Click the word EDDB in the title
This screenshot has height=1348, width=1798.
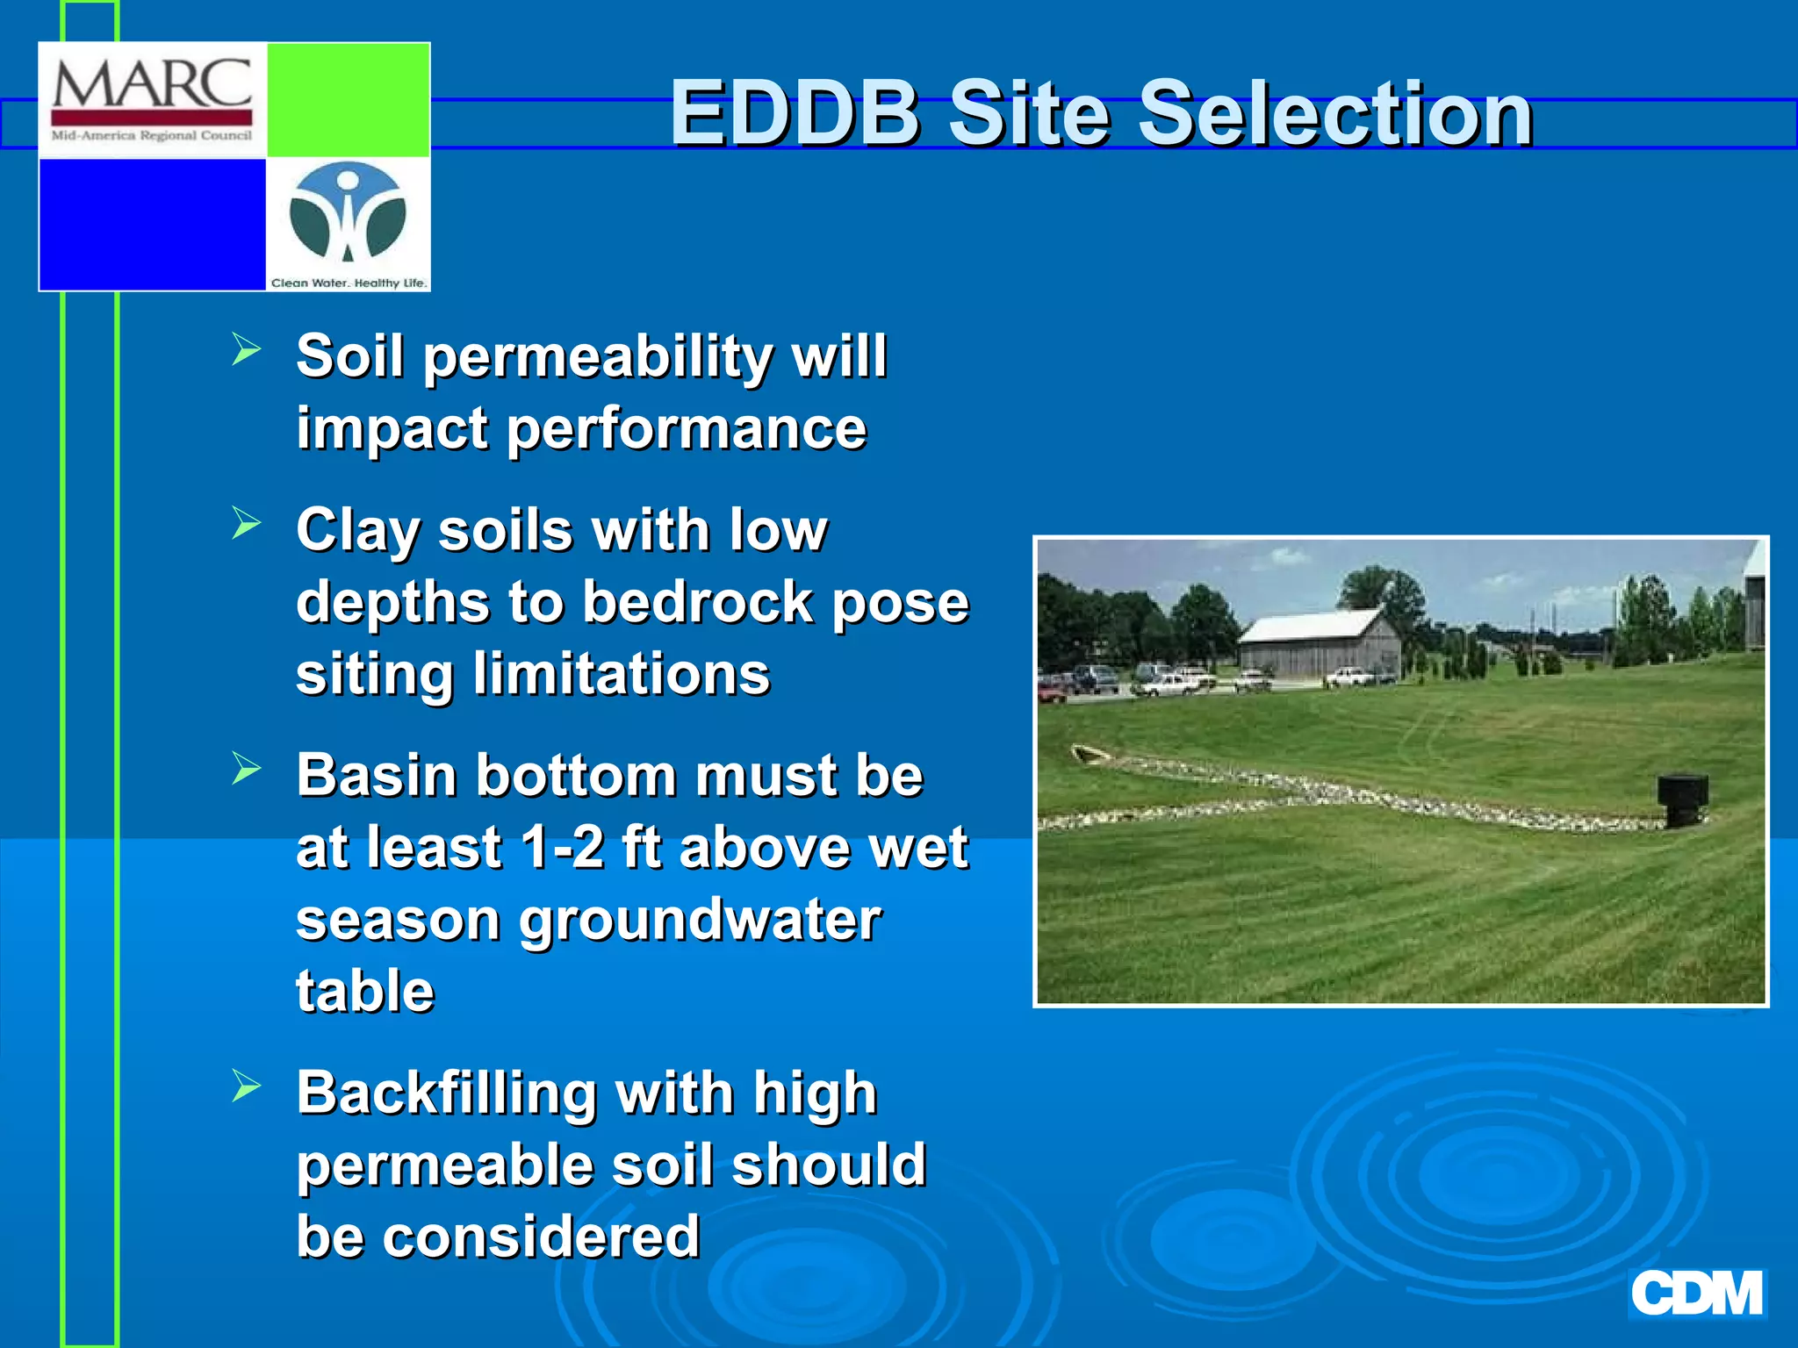coord(795,113)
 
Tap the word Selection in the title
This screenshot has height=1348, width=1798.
coord(1334,113)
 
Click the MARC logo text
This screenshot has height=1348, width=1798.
coord(152,85)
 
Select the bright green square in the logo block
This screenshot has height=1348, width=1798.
coord(348,99)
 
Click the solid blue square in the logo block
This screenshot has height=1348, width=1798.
coord(152,224)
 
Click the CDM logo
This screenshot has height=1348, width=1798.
coord(1696,1293)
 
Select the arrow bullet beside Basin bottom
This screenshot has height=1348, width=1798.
coord(247,769)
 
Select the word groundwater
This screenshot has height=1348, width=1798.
coord(699,921)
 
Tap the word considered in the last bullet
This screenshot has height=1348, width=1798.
coord(541,1237)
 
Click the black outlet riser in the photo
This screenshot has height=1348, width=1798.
coord(1681,799)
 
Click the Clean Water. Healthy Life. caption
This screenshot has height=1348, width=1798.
coord(349,283)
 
